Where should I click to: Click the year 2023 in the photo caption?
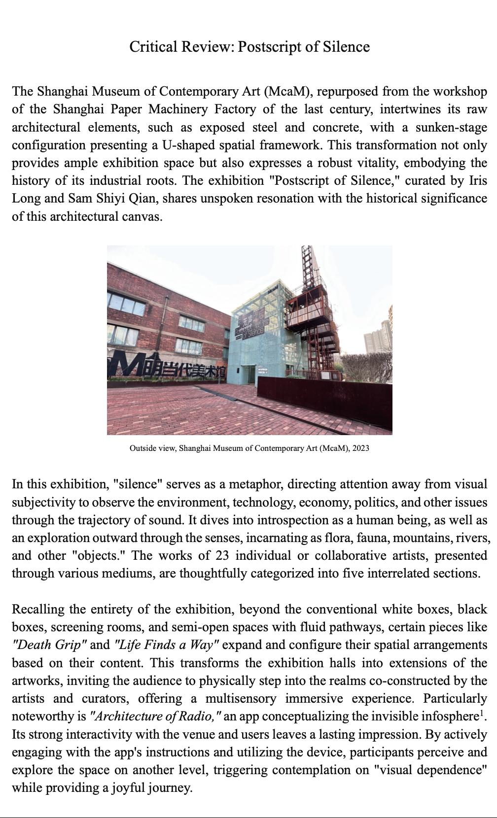pyautogui.click(x=360, y=448)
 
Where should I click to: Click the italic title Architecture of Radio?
pyautogui.click(x=155, y=716)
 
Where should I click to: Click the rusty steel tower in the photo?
pyautogui.click(x=316, y=315)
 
